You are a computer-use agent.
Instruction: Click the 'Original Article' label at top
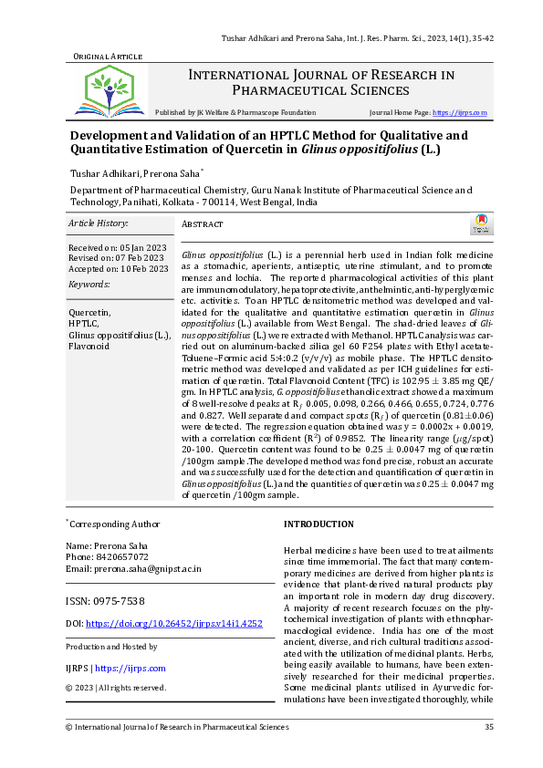tap(107, 57)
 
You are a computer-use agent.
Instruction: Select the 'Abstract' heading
tap(203, 223)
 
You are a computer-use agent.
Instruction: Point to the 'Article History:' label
tap(99, 223)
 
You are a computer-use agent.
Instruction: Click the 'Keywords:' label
tap(88, 285)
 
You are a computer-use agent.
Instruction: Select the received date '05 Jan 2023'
tap(142, 247)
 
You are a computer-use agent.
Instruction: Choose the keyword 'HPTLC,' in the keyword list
tap(84, 324)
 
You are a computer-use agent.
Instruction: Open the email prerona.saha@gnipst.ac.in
tap(149, 568)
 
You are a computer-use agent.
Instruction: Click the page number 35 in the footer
tap(489, 727)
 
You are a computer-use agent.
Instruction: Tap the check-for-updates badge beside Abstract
tap(480, 224)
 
